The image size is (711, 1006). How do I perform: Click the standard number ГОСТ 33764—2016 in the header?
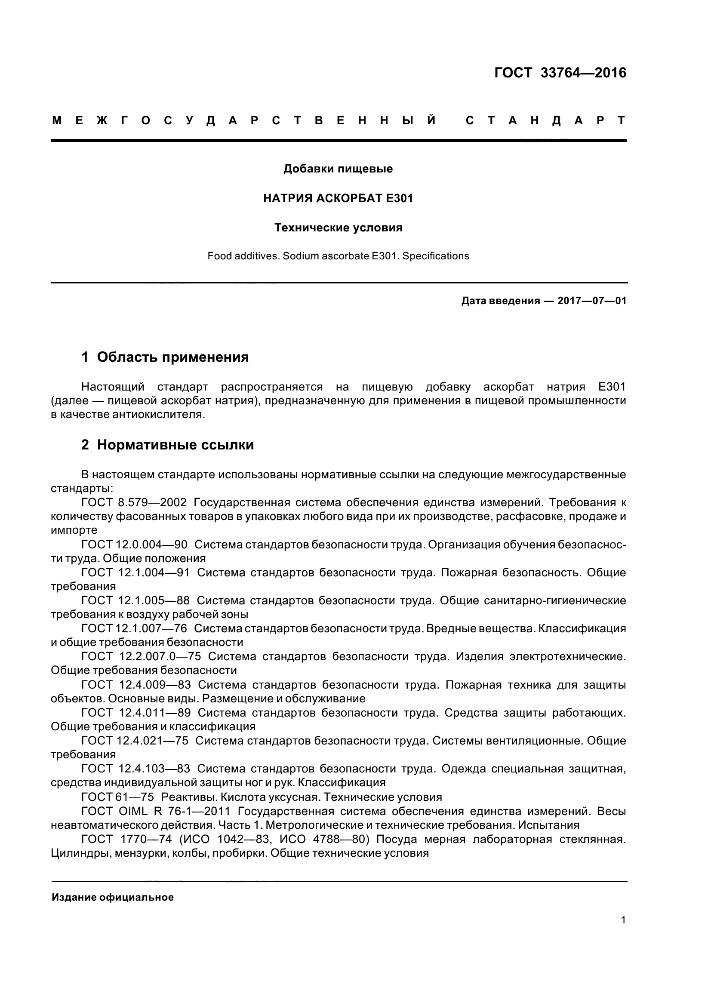pyautogui.click(x=560, y=73)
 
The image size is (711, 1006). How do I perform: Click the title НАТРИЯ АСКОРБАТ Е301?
pyautogui.click(x=338, y=198)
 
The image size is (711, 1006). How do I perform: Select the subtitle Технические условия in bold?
pyautogui.click(x=338, y=228)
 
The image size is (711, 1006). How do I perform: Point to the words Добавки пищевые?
pyautogui.click(x=338, y=169)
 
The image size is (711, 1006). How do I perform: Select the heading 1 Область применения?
pyautogui.click(x=165, y=357)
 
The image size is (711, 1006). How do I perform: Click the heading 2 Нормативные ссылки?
pyautogui.click(x=167, y=445)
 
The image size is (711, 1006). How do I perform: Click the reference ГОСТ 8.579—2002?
pyautogui.click(x=134, y=502)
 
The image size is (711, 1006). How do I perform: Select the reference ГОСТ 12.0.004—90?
pyautogui.click(x=134, y=545)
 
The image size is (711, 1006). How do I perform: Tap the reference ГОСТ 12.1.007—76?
pyautogui.click(x=134, y=628)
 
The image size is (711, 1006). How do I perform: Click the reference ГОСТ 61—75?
pyautogui.click(x=117, y=797)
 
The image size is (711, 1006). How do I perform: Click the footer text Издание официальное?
pyautogui.click(x=113, y=897)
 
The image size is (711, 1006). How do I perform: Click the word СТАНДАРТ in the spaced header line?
pyautogui.click(x=545, y=120)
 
